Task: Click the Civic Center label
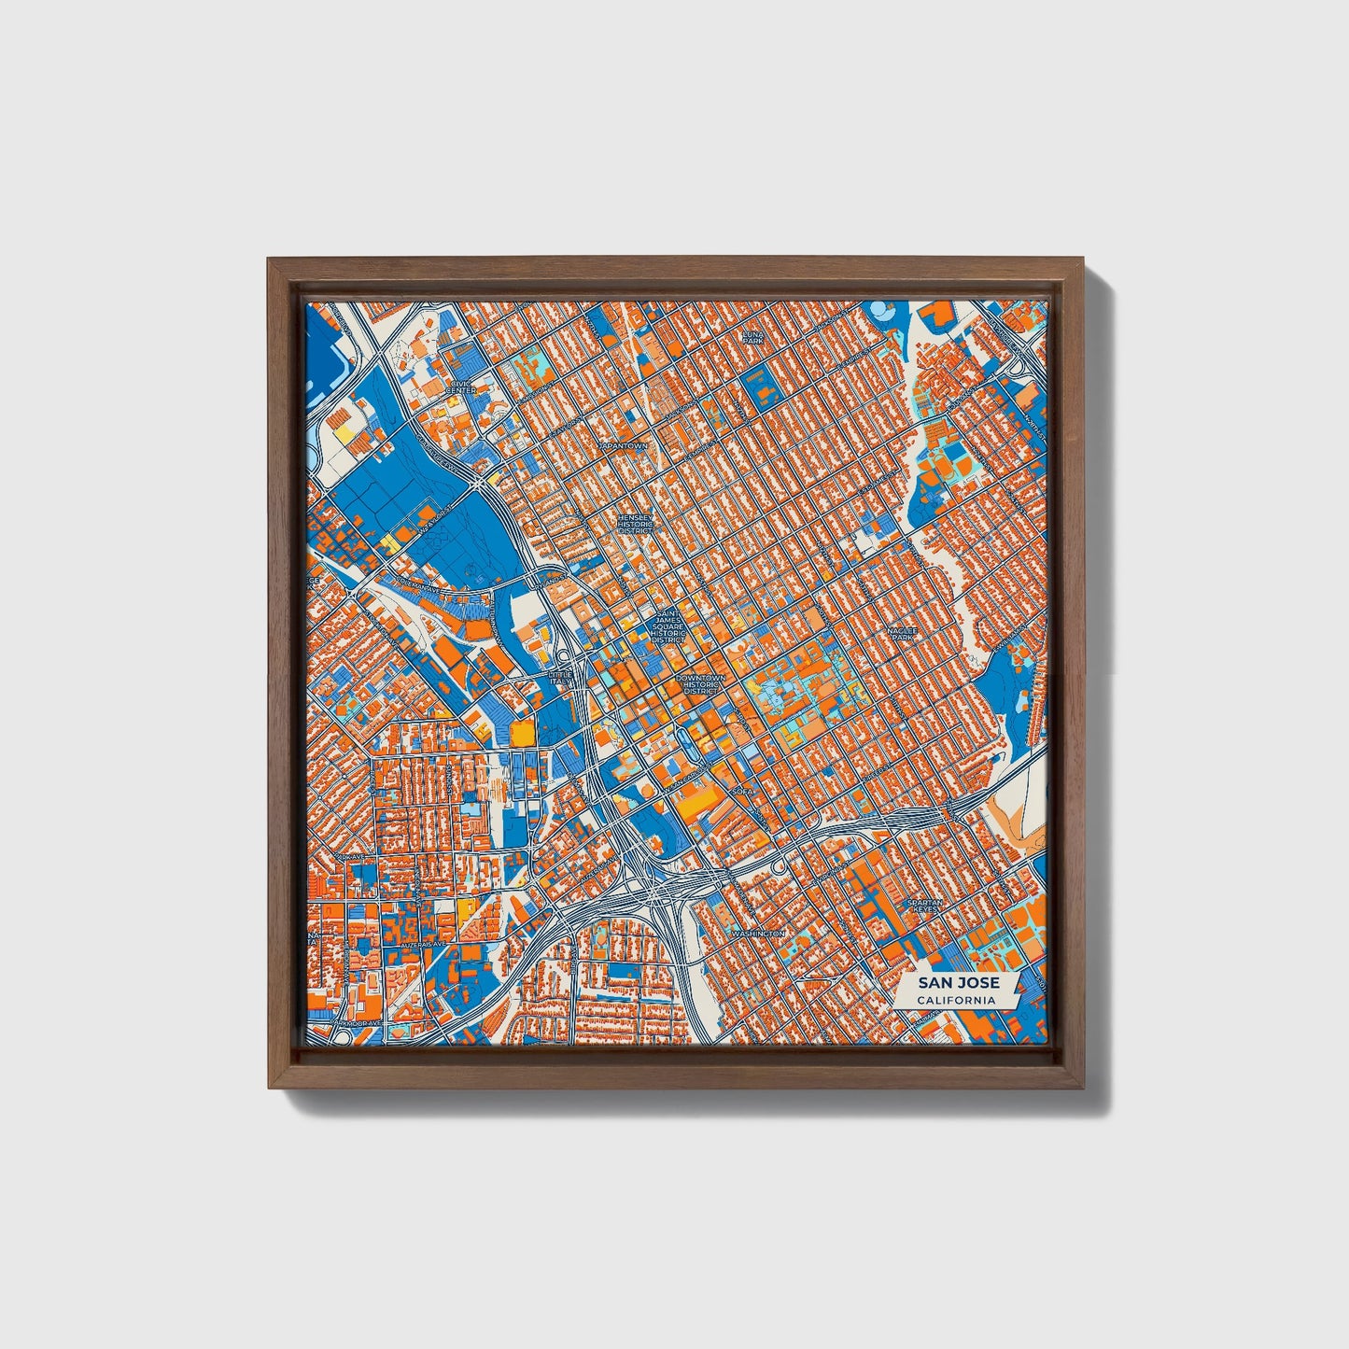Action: pyautogui.click(x=461, y=386)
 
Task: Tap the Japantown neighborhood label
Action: pyautogui.click(x=625, y=447)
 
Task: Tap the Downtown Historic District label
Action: pyautogui.click(x=701, y=683)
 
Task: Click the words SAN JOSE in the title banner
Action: pyautogui.click(x=958, y=983)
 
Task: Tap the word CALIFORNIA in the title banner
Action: pyautogui.click(x=954, y=1001)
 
